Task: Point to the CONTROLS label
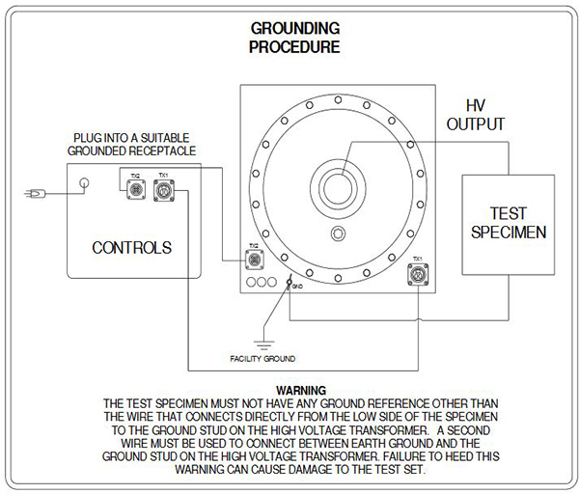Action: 132,248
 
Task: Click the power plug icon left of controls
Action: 33,195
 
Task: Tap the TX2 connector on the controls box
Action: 136,191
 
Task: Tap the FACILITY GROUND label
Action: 262,359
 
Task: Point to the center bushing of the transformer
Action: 338,187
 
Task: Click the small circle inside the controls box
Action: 85,183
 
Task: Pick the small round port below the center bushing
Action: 337,235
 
